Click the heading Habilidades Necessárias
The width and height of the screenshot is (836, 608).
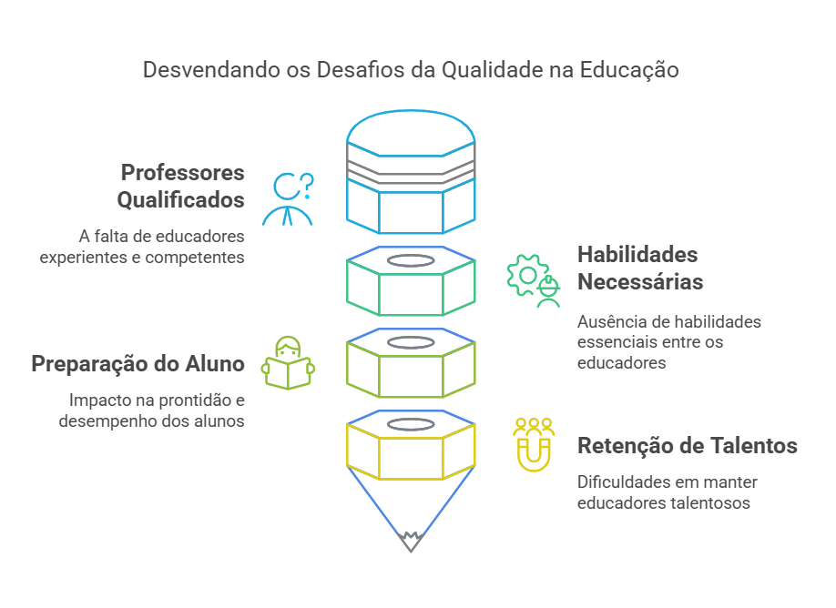(x=639, y=269)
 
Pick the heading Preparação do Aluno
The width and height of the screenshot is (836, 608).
(x=138, y=364)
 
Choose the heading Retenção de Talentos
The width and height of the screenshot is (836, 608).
(x=688, y=446)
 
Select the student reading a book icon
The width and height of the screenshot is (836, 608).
(x=289, y=363)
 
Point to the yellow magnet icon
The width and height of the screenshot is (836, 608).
(x=534, y=445)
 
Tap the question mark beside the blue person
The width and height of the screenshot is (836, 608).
(x=307, y=186)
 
